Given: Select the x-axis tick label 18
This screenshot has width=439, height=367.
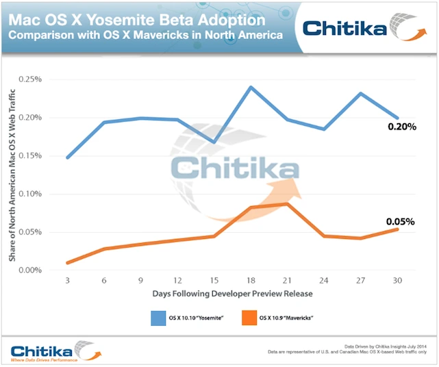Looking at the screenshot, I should coord(251,279).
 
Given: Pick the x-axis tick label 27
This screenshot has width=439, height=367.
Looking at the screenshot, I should coord(361,279).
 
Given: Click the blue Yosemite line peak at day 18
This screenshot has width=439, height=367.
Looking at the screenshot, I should coord(251,87).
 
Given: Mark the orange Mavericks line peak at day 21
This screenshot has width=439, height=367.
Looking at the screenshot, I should coord(288,203).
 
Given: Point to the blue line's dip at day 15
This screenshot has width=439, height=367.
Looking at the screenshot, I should coord(214,142).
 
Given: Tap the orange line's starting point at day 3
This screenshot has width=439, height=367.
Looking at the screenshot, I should coord(67,263).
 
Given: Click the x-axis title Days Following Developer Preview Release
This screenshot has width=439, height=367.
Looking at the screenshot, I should coord(233,294).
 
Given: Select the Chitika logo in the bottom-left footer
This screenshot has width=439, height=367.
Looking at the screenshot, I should coord(52,351).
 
